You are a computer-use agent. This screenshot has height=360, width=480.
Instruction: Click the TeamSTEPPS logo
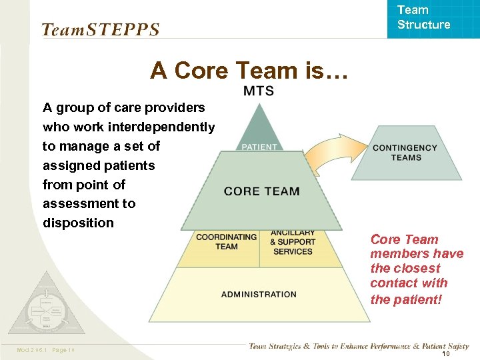[101, 29]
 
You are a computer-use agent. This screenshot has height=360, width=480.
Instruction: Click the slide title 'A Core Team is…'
[249, 70]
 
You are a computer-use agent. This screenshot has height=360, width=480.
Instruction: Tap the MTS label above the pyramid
[258, 91]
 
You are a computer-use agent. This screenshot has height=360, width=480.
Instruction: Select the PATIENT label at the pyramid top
[259, 147]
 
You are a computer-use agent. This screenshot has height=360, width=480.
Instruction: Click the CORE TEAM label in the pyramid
[262, 191]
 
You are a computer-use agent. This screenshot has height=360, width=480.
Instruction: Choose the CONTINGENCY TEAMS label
[405, 153]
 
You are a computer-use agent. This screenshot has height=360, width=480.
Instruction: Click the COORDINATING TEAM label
[226, 241]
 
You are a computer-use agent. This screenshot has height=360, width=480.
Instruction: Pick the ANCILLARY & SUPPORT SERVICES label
[292, 242]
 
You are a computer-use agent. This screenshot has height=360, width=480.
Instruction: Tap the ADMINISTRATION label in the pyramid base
[259, 294]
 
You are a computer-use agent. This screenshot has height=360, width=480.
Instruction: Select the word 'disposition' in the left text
[78, 223]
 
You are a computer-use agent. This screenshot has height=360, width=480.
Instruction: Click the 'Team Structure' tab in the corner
[423, 18]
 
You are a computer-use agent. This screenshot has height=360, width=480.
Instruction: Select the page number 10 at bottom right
[446, 354]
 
